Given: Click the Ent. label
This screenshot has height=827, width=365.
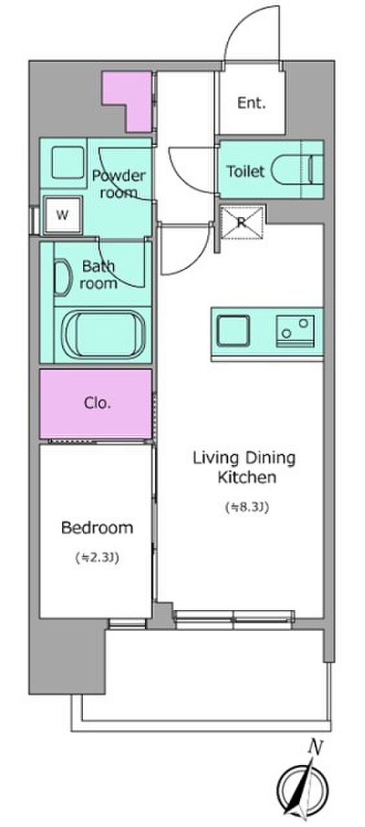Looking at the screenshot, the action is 252,103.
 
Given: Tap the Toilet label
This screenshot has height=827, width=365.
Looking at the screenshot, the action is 245,171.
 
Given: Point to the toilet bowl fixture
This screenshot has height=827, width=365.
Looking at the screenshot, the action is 298,170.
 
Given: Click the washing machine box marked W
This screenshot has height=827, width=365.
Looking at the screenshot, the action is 63,215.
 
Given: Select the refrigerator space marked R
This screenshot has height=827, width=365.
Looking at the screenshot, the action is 242,222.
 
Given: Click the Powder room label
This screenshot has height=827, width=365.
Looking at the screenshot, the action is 118,184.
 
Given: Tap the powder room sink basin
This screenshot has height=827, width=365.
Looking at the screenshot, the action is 67,162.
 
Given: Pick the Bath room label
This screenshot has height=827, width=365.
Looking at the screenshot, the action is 98,275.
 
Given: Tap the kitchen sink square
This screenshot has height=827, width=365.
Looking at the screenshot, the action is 233,331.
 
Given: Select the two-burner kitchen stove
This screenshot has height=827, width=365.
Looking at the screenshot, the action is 296,331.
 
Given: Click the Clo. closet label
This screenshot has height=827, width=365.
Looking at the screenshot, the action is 97,403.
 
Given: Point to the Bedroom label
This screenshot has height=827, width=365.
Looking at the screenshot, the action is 97,528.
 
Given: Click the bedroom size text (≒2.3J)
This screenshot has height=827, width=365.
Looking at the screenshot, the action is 97,558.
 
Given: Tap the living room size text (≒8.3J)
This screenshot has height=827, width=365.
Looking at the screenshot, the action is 247,507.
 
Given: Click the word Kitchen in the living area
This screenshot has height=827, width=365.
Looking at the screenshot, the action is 247,477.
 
